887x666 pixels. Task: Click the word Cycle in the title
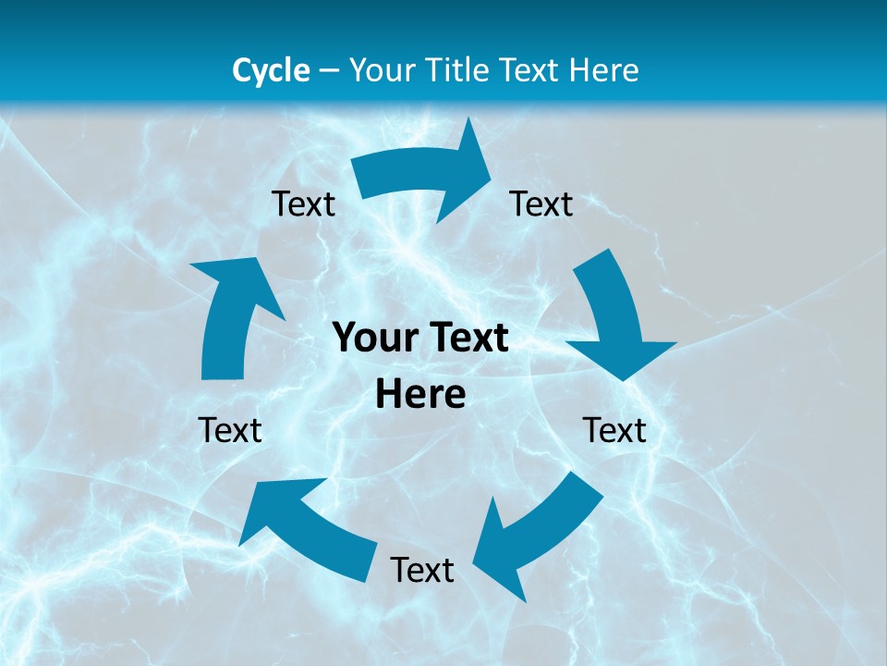click(271, 70)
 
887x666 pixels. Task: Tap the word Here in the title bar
click(601, 70)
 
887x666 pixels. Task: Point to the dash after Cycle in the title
click(329, 71)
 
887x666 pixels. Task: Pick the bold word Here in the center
click(420, 395)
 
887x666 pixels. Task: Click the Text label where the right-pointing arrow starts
click(303, 203)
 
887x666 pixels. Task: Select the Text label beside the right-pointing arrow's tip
click(541, 203)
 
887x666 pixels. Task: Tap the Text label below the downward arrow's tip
click(614, 430)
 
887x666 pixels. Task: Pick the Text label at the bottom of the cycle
click(422, 570)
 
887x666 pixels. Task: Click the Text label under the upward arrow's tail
click(230, 430)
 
